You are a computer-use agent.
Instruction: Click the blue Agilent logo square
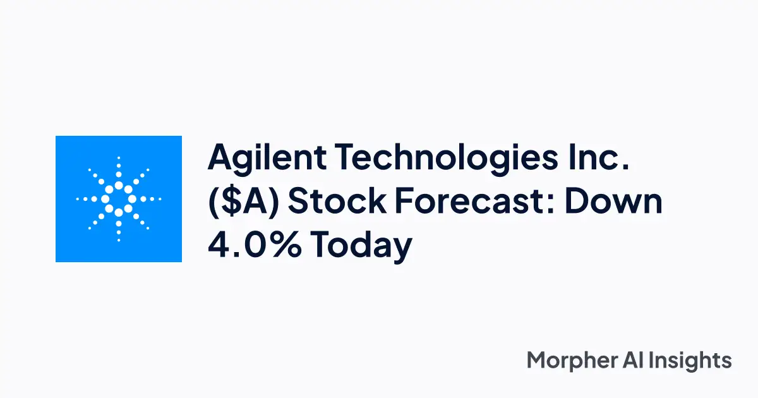pyautogui.click(x=119, y=199)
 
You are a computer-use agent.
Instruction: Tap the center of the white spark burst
pyautogui.click(x=119, y=199)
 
